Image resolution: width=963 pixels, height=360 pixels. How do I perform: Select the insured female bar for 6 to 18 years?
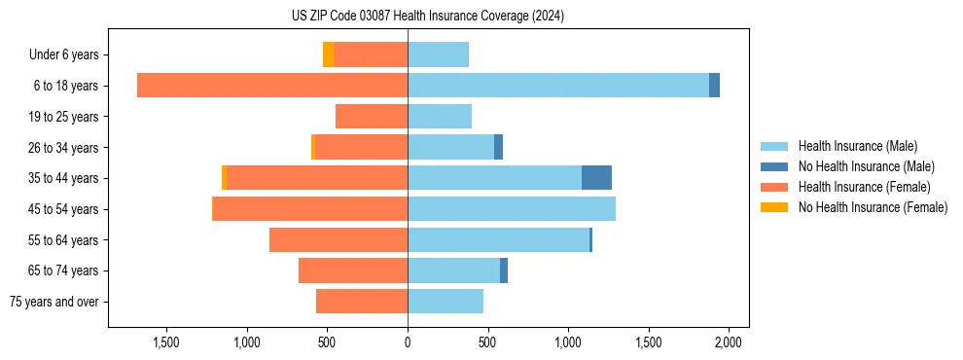(272, 86)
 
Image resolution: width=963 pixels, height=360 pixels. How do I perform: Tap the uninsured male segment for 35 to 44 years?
(596, 178)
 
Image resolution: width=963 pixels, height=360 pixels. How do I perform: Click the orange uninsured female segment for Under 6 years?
(328, 54)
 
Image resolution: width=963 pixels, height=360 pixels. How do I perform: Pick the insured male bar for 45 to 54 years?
(512, 209)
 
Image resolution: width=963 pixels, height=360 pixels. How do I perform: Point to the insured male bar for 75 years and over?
(446, 302)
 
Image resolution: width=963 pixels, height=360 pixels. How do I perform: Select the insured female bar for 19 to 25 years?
(372, 117)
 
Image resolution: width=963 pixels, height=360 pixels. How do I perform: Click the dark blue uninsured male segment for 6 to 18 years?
(714, 86)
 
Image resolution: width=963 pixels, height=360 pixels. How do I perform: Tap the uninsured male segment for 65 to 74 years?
(504, 270)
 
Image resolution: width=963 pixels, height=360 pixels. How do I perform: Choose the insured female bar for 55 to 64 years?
(339, 240)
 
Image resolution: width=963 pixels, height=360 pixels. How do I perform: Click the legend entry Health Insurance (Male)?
(857, 146)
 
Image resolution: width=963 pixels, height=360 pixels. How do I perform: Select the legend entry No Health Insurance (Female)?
(873, 207)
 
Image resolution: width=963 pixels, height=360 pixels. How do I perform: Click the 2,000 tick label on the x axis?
(729, 342)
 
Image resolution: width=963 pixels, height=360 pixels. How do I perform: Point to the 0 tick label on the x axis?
(408, 342)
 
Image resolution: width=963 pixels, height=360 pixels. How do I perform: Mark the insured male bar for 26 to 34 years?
(450, 148)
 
